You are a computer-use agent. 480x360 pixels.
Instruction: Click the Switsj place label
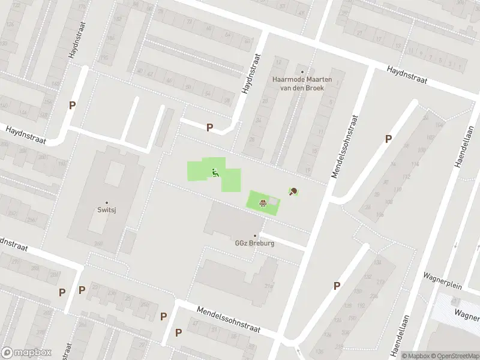pos(107,210)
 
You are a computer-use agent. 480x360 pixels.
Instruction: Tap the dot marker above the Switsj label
pos(107,203)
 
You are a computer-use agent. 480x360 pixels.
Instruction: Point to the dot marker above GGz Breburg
pos(255,236)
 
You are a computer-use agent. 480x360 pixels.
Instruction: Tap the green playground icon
pos(215,173)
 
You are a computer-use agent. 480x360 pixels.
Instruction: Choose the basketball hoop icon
pos(262,202)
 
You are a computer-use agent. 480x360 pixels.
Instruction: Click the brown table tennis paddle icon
pos(293,192)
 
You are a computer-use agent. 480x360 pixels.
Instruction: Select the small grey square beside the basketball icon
pos(274,200)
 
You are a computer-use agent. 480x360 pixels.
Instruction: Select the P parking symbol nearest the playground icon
pos(209,127)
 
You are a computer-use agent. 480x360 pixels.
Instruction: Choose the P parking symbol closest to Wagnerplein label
pos(337,286)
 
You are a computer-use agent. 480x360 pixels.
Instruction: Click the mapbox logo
pos(26,353)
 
